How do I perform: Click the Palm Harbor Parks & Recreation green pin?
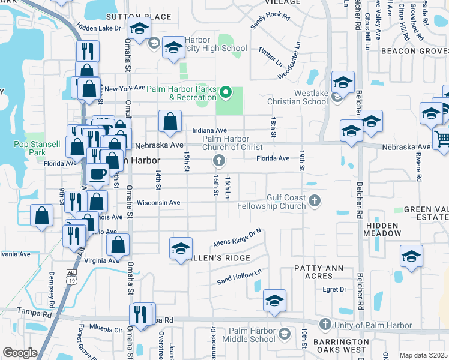[226, 92]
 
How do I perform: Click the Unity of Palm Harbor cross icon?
[325, 325]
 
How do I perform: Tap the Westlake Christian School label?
[311, 97]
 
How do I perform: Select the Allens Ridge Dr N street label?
[238, 238]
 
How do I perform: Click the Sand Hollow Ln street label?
[240, 276]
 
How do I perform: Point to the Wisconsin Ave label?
[158, 203]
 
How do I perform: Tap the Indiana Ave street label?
[209, 130]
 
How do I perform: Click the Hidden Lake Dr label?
[99, 28]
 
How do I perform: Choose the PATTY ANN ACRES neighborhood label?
[313, 272]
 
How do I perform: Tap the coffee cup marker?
[97, 174]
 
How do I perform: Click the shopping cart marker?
[442, 139]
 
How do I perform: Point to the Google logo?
[20, 353]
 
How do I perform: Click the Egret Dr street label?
[335, 289]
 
